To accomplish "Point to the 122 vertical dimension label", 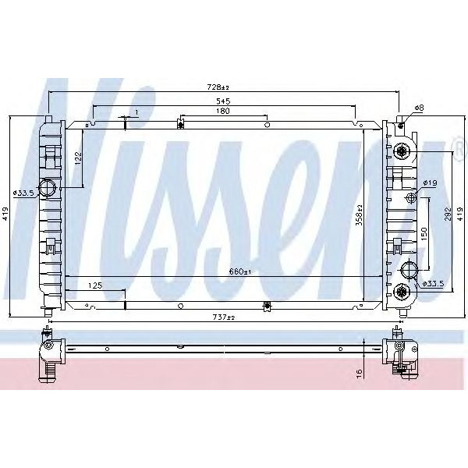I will pos(78,158).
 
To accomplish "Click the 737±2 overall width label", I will pos(224,317).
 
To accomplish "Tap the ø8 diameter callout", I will pos(418,107).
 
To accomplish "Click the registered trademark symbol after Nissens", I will pos(456,143).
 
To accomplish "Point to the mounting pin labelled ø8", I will pos(402,119).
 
